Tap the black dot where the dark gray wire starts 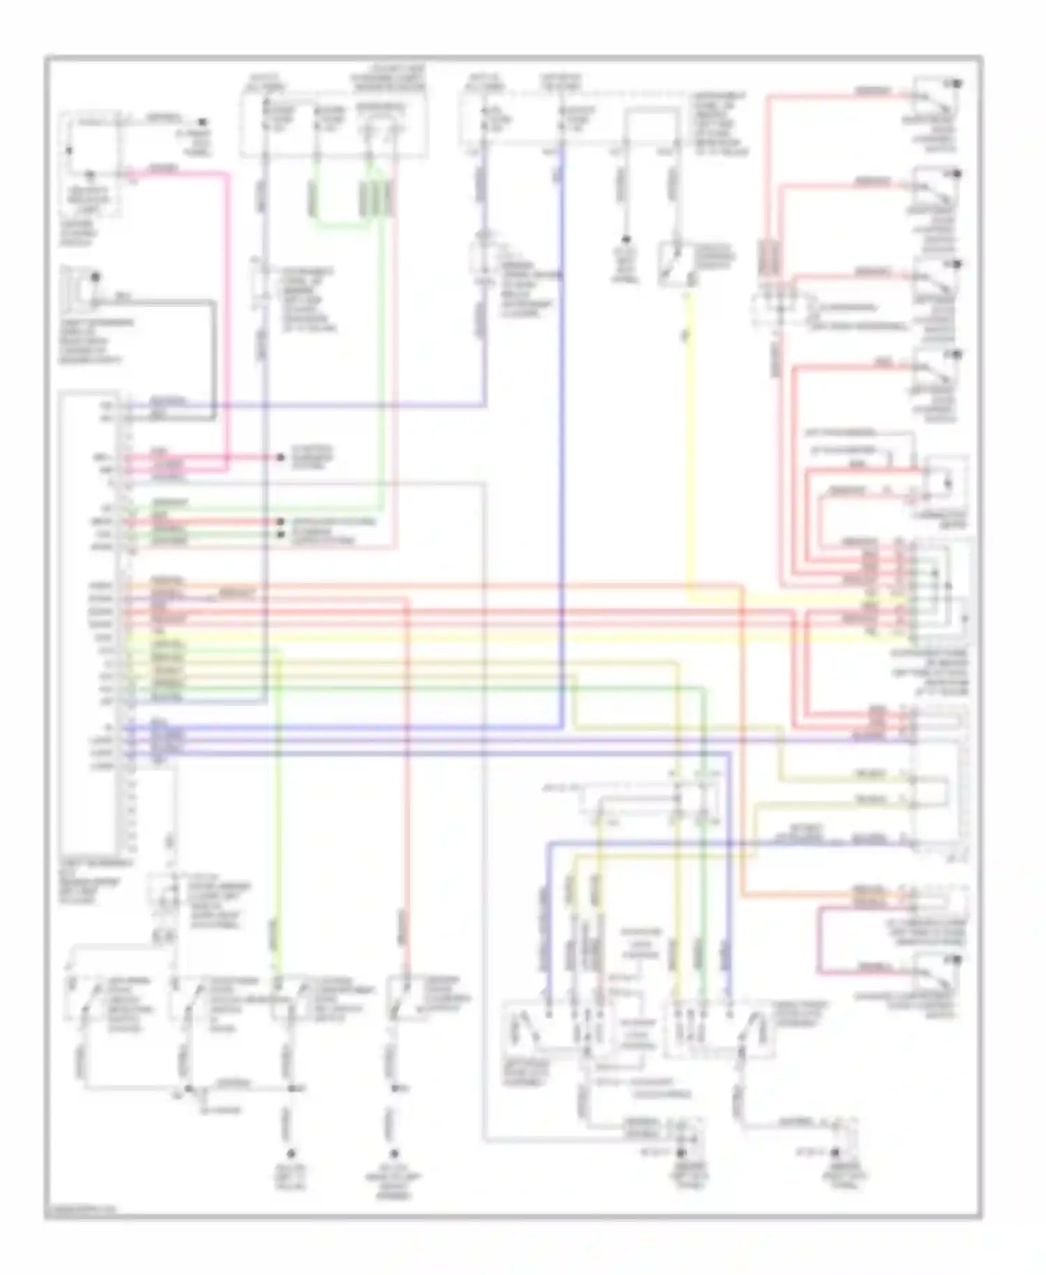pyautogui.click(x=95, y=278)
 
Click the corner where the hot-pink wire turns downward pyautogui.click(x=227, y=174)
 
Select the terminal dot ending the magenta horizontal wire pyautogui.click(x=280, y=458)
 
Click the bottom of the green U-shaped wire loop pyautogui.click(x=342, y=225)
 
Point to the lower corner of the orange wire pyautogui.click(x=744, y=893)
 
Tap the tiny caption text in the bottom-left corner pyautogui.click(x=80, y=1210)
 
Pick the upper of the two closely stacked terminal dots pyautogui.click(x=280, y=522)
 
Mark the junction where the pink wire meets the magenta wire pyautogui.click(x=227, y=458)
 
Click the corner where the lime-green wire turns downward pyautogui.click(x=279, y=650)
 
